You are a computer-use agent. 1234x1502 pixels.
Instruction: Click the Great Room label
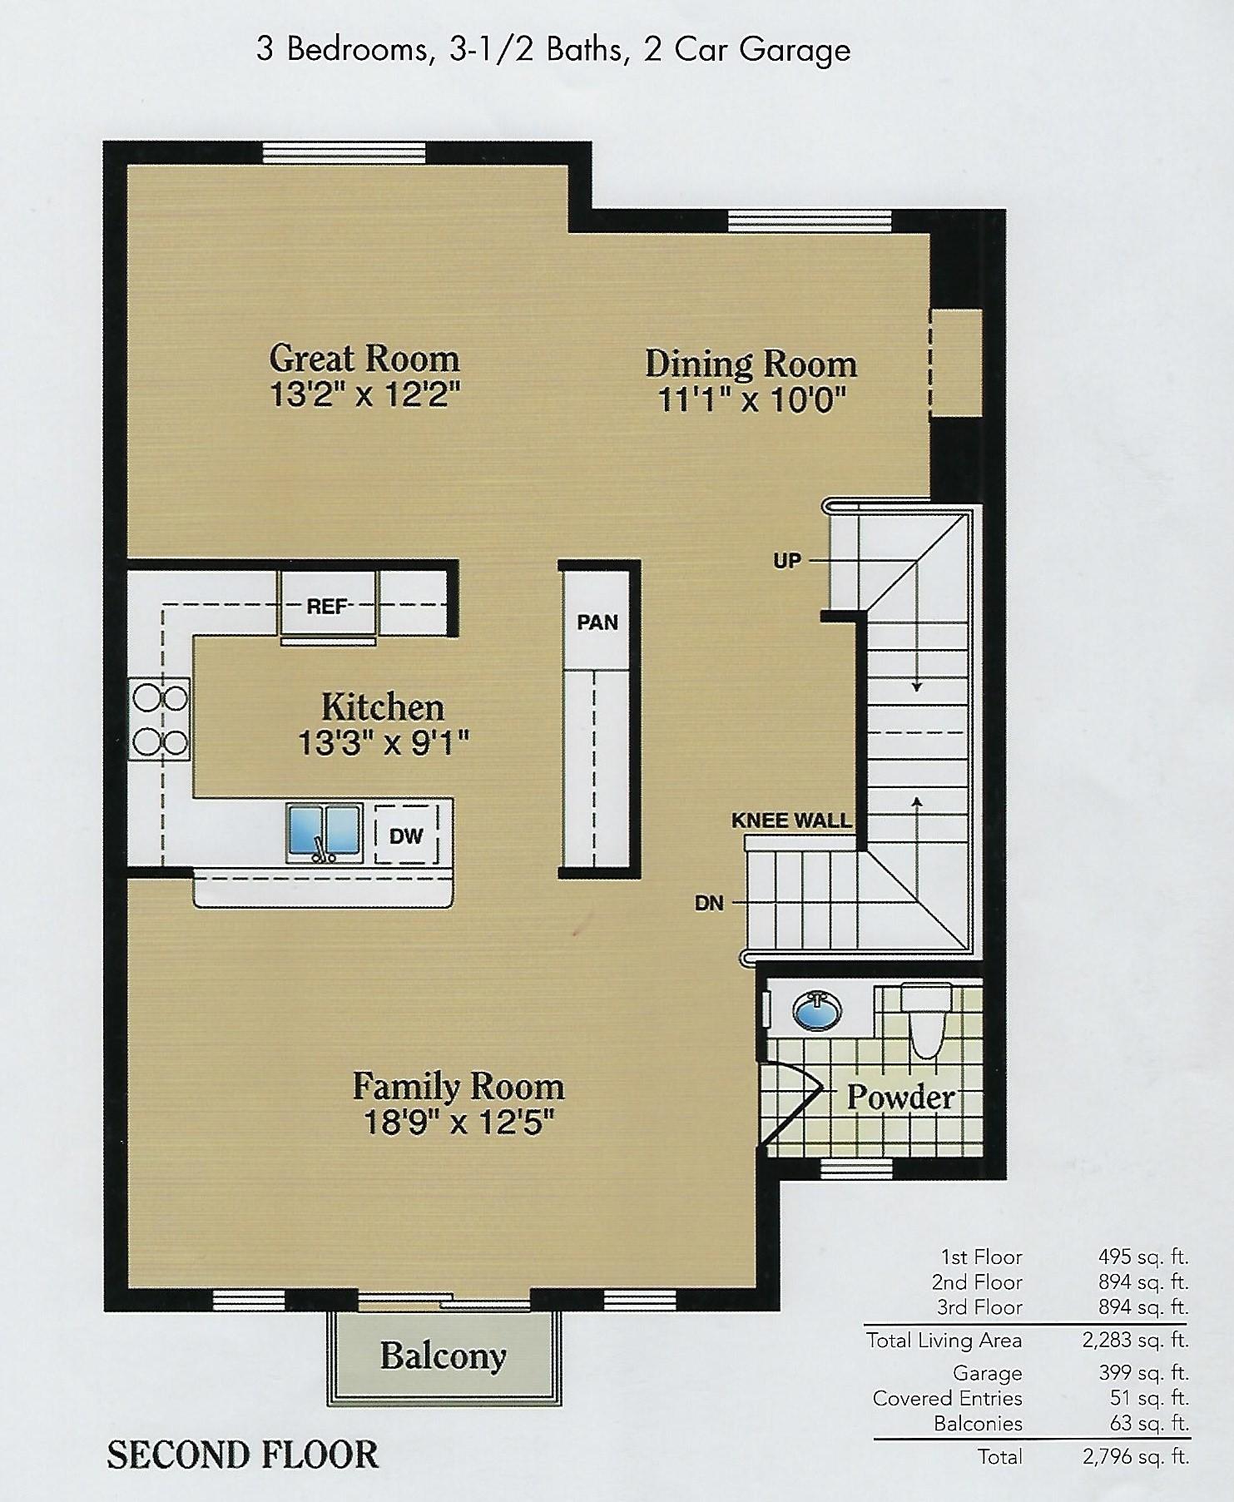(364, 359)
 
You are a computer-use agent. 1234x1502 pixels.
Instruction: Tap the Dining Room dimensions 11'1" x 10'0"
(751, 400)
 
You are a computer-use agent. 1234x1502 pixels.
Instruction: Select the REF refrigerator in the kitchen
(327, 607)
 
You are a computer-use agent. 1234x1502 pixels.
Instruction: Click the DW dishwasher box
(406, 835)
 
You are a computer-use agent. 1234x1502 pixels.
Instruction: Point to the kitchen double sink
(325, 832)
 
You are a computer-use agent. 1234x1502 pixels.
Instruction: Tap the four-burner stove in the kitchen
(160, 719)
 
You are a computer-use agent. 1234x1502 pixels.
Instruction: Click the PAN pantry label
(597, 622)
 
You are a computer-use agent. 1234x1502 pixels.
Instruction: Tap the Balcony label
(444, 1356)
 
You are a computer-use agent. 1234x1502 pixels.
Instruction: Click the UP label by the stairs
(787, 561)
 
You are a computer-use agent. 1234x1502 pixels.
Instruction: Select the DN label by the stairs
(709, 903)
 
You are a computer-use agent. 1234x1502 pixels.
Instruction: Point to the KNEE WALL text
(791, 820)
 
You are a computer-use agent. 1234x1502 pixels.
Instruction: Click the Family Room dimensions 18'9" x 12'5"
(459, 1123)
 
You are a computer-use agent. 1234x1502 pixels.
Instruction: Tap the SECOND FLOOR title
(243, 1455)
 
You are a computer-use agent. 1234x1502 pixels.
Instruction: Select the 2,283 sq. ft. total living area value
(1136, 1340)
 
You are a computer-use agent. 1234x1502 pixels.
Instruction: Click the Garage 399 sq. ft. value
(1144, 1373)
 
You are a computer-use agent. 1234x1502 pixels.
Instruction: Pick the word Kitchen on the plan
(383, 707)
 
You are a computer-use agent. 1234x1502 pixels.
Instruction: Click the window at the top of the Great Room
(344, 153)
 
